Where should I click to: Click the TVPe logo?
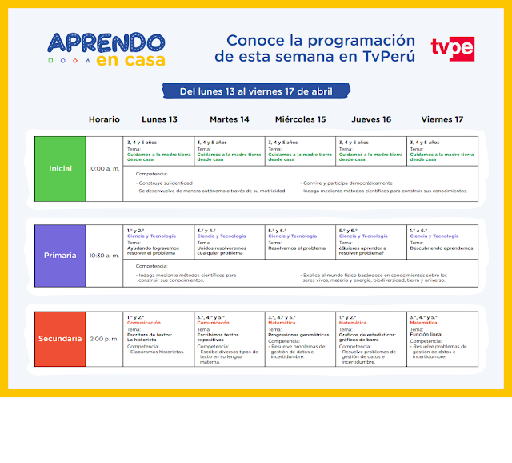coord(452,48)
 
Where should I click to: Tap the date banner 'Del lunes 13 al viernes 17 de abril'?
coord(256,91)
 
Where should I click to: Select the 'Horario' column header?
coord(104,119)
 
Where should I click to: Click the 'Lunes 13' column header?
coord(160,119)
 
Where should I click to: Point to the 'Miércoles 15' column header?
coord(301,119)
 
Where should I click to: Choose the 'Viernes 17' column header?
coord(442,119)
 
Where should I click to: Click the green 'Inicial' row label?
coord(60,168)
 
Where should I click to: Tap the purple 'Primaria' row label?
coord(60,256)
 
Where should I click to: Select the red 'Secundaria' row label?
coord(60,339)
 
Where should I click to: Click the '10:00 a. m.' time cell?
coord(104,168)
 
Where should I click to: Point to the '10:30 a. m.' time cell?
coord(104,256)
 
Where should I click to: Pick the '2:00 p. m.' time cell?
coord(104,339)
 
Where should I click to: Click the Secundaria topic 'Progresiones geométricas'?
coord(298,335)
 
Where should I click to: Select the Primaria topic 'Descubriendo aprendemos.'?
coord(442,248)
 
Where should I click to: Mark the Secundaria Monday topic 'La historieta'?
coord(142,340)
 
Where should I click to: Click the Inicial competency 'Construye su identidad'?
coord(166,183)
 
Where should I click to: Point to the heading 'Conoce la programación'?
coord(321,41)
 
